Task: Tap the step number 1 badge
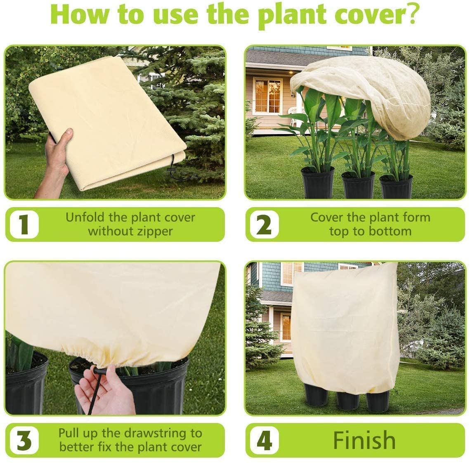(24, 224)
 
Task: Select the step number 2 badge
(264, 224)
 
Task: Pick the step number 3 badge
(24, 440)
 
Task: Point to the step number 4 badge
(264, 440)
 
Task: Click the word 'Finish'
(364, 440)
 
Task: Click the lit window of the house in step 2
(267, 96)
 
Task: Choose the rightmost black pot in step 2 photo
(396, 187)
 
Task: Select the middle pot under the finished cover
(348, 400)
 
